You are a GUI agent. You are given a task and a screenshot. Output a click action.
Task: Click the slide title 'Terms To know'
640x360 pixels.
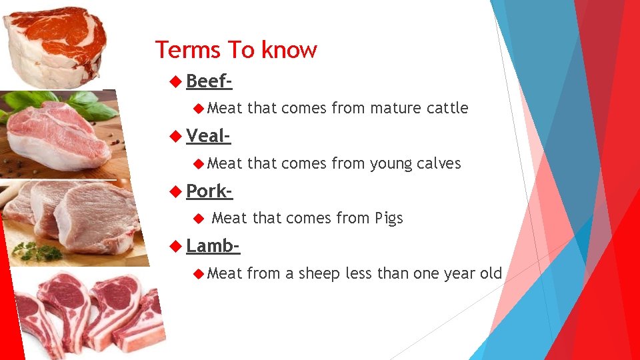pos(236,50)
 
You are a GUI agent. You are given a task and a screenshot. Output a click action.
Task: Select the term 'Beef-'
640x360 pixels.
pos(209,81)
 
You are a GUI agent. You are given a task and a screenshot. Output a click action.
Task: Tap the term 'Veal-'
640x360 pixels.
pos(208,136)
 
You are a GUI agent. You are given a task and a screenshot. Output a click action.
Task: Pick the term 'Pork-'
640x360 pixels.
pos(209,191)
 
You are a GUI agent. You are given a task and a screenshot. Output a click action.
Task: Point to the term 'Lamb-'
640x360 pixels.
pos(213,245)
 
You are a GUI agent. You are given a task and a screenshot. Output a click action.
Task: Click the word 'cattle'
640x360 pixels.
pos(446,108)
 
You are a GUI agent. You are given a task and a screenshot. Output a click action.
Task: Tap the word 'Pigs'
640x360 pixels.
pos(389,218)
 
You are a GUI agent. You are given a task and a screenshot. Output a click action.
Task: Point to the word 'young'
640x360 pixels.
pos(387,164)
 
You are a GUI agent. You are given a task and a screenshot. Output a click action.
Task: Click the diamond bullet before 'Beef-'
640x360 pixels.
pos(175,81)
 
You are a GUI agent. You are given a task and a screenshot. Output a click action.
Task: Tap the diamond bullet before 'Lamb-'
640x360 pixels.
pos(175,245)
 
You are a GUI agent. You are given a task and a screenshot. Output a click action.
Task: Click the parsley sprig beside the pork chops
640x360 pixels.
pos(37,252)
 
